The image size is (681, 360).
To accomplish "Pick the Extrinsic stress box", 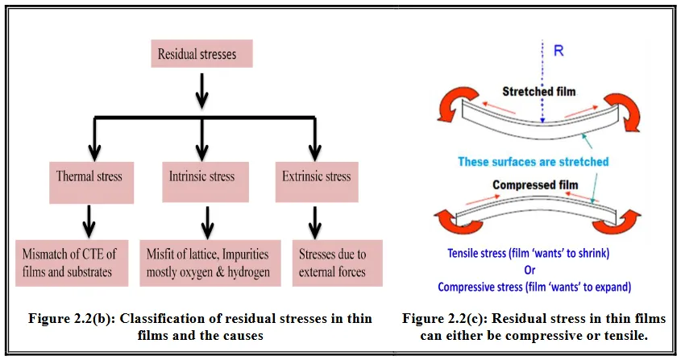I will [316, 176].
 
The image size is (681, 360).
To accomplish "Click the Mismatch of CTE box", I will [73, 263].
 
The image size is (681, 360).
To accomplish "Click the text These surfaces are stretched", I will [533, 162].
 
